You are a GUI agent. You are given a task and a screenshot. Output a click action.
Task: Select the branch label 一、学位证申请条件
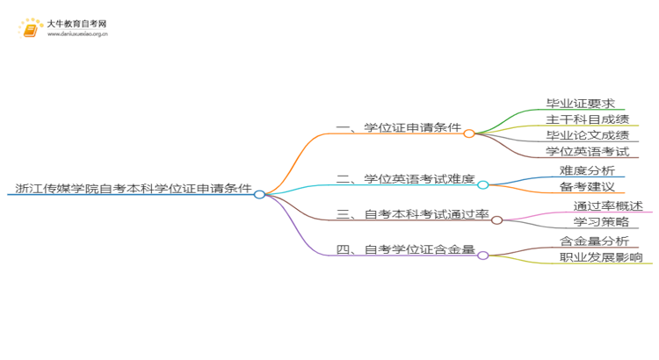[x=399, y=128]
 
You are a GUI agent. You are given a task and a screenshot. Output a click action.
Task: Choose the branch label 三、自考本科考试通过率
[x=413, y=213]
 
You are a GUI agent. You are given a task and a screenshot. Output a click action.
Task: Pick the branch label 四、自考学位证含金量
[x=406, y=249]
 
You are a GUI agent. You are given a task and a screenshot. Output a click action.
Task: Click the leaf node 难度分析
[x=586, y=170]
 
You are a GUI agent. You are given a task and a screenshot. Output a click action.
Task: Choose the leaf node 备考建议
[x=586, y=187]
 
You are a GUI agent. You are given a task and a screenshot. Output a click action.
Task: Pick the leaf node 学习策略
[x=587, y=223]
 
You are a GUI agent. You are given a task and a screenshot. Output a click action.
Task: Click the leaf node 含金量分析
[x=593, y=241]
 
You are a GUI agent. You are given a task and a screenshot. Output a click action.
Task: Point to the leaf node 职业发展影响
[x=600, y=257]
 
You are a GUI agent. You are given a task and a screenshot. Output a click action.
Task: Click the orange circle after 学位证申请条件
[x=469, y=133]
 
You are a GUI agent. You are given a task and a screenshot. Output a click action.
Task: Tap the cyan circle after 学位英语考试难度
[x=482, y=184]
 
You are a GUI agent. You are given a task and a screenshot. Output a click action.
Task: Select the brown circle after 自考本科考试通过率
[x=496, y=220]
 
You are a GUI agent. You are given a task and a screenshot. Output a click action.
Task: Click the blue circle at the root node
[x=259, y=194]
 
